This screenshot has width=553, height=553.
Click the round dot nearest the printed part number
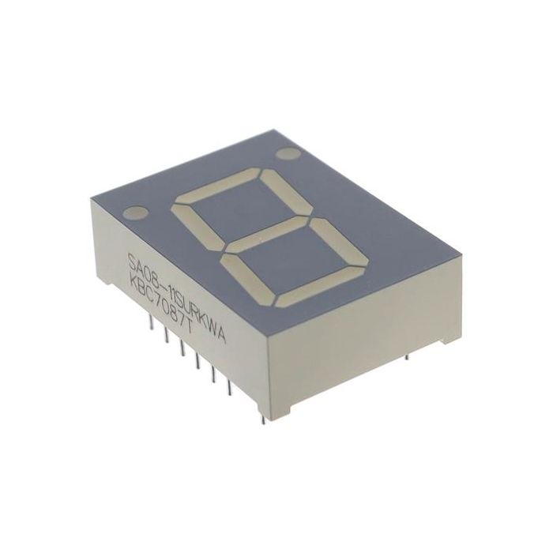pyautogui.click(x=139, y=213)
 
